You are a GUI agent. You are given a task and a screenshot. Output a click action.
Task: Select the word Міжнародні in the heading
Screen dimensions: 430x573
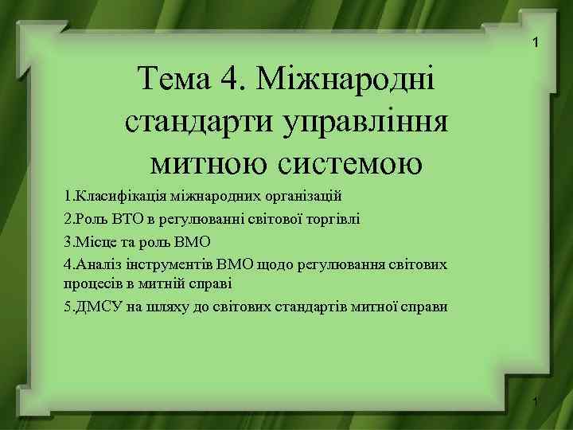click(349, 80)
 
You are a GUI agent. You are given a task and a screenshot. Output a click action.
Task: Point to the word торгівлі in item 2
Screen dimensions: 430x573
click(333, 218)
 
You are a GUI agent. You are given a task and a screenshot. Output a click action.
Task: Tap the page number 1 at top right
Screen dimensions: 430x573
click(536, 41)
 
